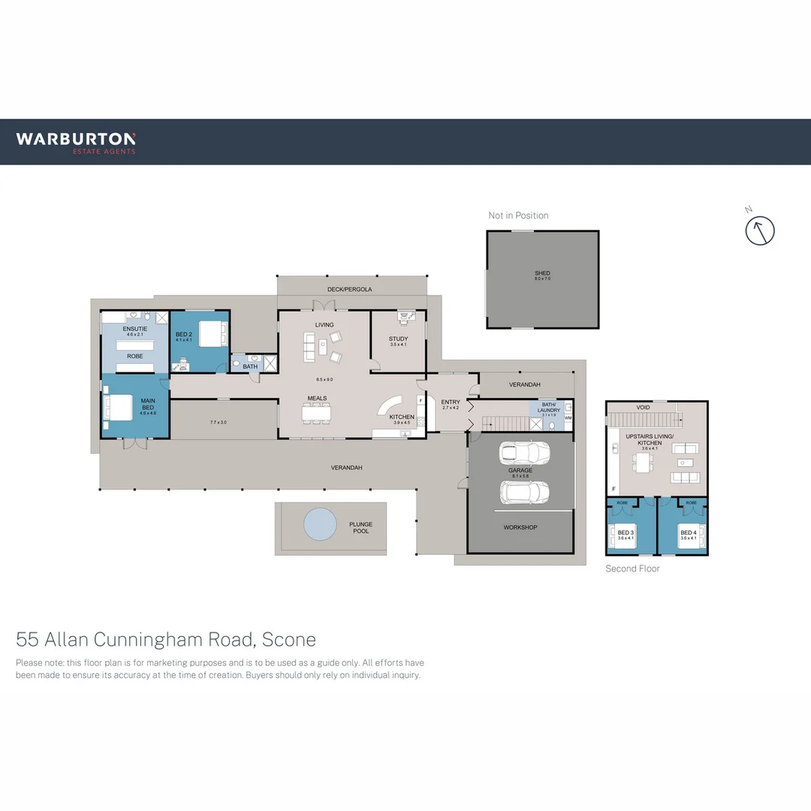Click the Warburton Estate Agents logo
[76, 142]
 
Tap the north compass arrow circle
[759, 231]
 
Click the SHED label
[542, 273]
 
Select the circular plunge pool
[320, 524]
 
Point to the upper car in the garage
[524, 454]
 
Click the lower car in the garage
[524, 492]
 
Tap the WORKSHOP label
[520, 527]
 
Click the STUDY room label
[398, 339]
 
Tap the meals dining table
[316, 414]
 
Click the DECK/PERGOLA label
[349, 289]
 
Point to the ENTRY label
[451, 402]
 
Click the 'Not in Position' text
[518, 216]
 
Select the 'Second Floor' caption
[632, 568]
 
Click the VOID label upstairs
[643, 407]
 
